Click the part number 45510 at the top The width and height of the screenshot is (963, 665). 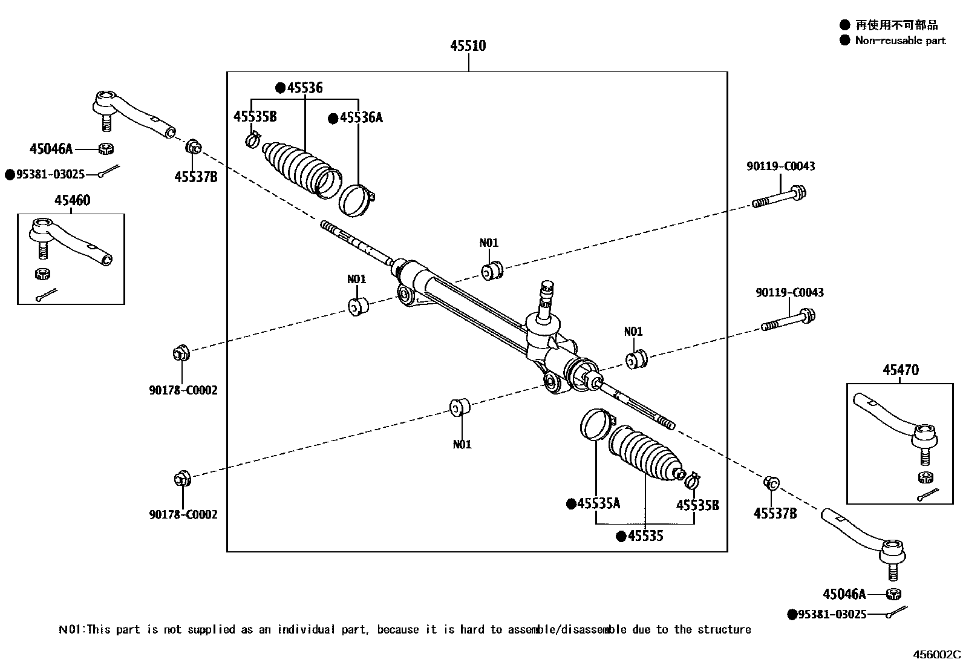point(468,46)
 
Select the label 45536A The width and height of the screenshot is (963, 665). point(361,118)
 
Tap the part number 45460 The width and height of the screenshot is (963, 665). point(72,200)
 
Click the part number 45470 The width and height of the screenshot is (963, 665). point(900,370)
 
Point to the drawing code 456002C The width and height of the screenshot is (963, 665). point(936,654)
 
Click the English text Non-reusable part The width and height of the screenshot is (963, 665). point(899,41)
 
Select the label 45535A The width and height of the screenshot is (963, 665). point(598,503)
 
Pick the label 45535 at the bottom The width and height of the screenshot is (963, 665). point(645,536)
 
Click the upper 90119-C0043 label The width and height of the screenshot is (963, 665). point(780,166)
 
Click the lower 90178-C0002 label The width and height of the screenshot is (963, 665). point(183,515)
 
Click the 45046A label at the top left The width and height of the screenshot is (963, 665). point(51,148)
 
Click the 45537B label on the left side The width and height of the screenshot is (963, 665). point(195,177)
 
